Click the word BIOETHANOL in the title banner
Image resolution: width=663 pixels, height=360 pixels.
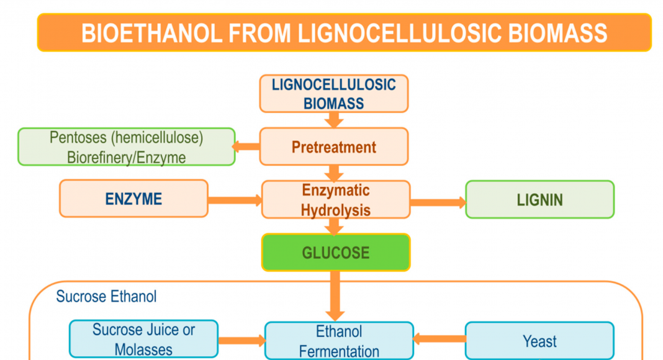tap(152, 34)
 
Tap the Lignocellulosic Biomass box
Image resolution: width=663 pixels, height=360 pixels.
tap(333, 94)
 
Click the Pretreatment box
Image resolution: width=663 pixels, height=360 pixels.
tap(333, 146)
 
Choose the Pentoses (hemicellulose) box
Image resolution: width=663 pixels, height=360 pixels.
tap(127, 146)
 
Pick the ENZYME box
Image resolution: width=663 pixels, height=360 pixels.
tap(133, 199)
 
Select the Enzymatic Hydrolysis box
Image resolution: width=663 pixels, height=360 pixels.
tap(336, 199)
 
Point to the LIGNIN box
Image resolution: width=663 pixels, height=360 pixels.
tap(539, 199)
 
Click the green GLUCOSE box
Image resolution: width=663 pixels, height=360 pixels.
tap(336, 252)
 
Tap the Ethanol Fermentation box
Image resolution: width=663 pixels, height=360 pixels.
tap(339, 341)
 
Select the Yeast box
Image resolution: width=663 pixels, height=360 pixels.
tap(539, 341)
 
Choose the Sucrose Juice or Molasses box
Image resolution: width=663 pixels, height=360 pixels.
tap(144, 340)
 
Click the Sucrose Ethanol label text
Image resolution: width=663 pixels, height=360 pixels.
tap(106, 296)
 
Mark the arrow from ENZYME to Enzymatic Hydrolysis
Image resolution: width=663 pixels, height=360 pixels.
tap(235, 200)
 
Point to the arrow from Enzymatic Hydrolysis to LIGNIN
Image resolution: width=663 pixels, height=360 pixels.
tap(438, 202)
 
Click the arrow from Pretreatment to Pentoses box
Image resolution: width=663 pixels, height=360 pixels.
tap(246, 146)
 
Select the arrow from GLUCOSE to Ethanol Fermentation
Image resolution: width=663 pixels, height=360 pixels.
tap(335, 296)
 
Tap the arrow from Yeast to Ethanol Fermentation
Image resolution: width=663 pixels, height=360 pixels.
tap(440, 338)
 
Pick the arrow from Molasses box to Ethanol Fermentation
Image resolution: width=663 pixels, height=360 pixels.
tap(242, 340)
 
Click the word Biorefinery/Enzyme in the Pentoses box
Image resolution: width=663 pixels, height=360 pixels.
tap(127, 158)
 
